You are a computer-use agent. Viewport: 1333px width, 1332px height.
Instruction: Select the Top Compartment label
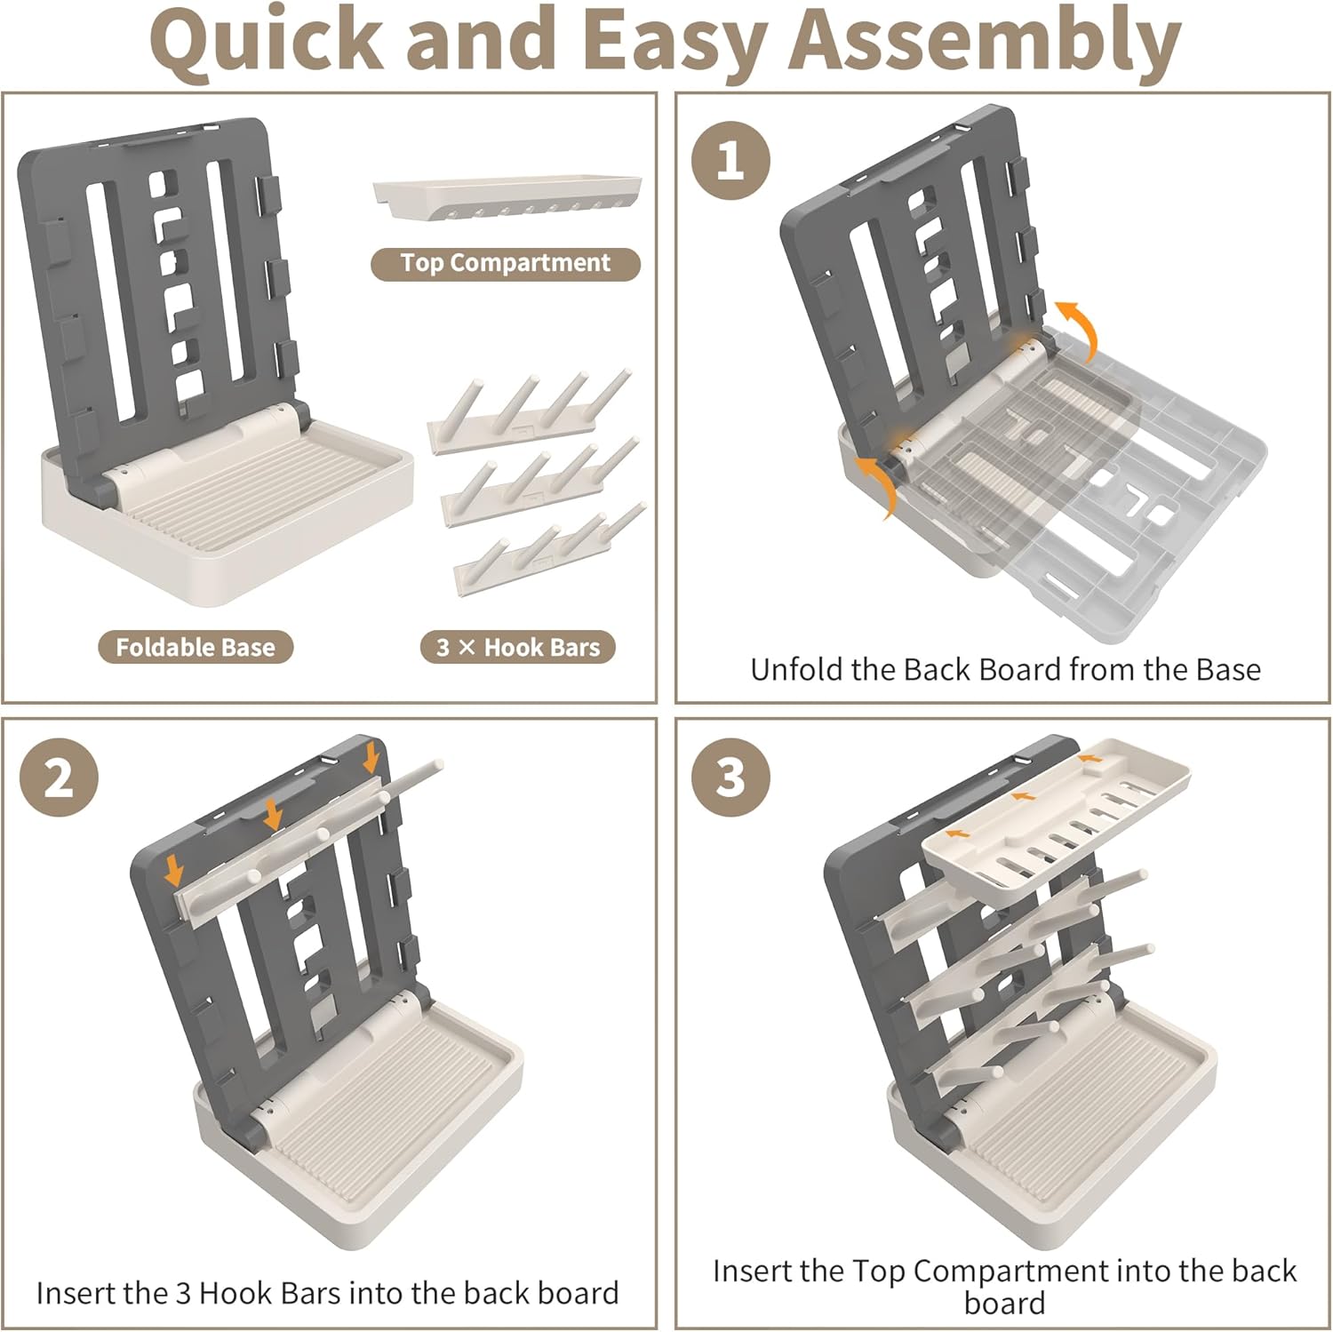click(x=505, y=264)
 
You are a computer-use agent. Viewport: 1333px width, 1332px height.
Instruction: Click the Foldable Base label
click(x=196, y=647)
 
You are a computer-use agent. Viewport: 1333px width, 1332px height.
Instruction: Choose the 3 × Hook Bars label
click(x=518, y=647)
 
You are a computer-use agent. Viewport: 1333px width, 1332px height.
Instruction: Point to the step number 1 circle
click(x=730, y=161)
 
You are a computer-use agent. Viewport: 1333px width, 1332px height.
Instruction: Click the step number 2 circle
click(x=59, y=778)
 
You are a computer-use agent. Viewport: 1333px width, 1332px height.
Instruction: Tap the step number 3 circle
click(x=730, y=778)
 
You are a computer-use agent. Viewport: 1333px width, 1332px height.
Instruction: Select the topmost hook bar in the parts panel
click(x=530, y=413)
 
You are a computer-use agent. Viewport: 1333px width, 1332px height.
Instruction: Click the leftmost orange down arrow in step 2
click(x=174, y=872)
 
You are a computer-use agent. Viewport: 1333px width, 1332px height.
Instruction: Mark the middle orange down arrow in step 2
click(x=272, y=814)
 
